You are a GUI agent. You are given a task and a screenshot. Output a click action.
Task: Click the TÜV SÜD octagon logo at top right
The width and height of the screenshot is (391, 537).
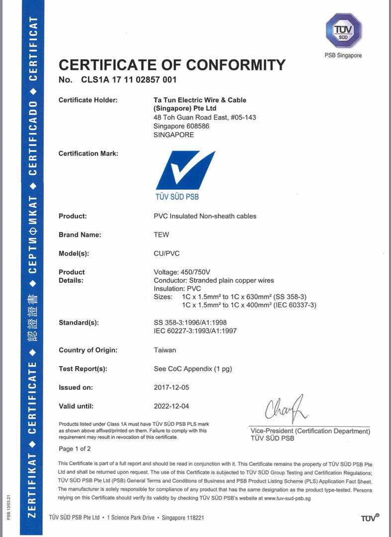[x=343, y=30]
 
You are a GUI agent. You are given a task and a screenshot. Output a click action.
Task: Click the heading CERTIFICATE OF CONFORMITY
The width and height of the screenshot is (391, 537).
[x=172, y=65]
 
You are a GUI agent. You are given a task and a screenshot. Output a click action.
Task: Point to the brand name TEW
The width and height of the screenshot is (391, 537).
[x=162, y=235]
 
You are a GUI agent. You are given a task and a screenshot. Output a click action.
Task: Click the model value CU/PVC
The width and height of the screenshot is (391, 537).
[x=167, y=254]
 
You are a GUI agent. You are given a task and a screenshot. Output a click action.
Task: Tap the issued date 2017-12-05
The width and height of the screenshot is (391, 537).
[x=172, y=387]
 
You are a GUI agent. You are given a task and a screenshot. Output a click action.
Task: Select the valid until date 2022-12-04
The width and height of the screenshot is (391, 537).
[x=172, y=406]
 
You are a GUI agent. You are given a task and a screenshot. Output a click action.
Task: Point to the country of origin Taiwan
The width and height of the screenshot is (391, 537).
[x=165, y=350]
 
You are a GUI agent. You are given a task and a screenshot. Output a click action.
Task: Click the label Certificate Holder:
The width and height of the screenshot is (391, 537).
[x=88, y=100]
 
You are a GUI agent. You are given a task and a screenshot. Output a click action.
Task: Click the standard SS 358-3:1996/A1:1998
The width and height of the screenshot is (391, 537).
[x=191, y=322]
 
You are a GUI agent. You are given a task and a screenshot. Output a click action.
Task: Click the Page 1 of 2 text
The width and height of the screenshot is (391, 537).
[x=75, y=448]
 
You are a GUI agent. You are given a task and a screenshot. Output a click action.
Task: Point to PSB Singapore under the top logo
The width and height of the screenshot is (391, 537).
[x=343, y=55]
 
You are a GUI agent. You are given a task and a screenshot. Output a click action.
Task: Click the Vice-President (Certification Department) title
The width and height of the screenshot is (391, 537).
[x=310, y=431]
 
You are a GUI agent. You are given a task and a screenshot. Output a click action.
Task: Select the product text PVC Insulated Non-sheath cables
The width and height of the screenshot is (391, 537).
[x=205, y=216]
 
